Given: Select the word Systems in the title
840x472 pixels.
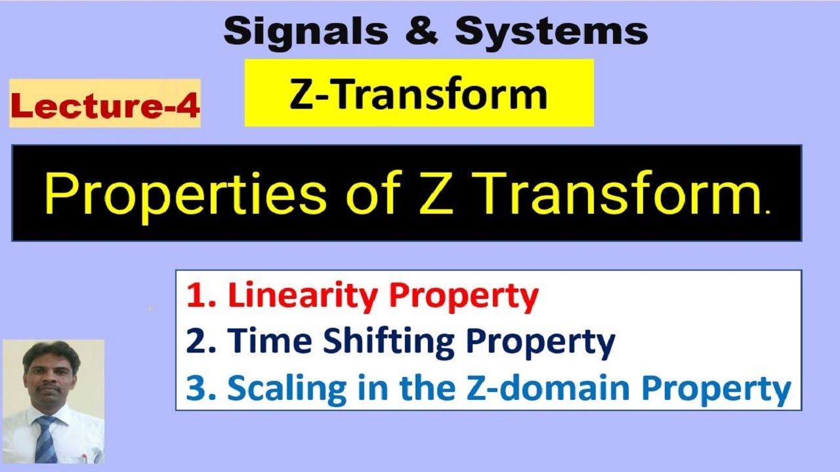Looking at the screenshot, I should click(551, 31).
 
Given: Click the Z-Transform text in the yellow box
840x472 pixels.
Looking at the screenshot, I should click(419, 94).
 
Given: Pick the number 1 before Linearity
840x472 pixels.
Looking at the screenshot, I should click(194, 296).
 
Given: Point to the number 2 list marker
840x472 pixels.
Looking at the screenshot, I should click(196, 342).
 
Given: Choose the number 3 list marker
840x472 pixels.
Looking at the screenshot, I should click(196, 388).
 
